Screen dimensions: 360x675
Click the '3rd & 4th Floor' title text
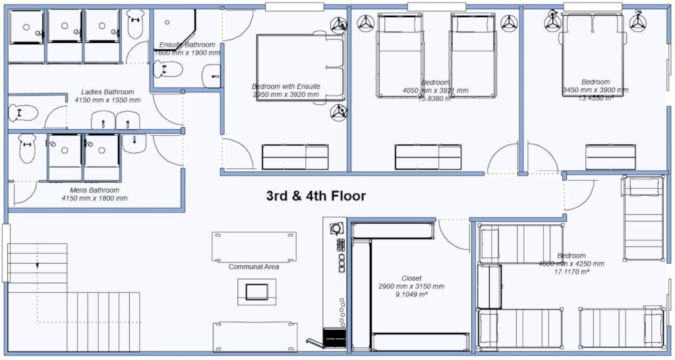coord(316,196)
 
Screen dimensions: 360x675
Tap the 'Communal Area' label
coord(254,267)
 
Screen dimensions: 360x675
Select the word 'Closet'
coord(411,278)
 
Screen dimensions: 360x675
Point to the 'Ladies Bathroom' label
coord(107,92)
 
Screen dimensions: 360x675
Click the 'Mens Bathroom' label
coord(94,189)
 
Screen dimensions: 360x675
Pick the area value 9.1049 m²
coord(411,295)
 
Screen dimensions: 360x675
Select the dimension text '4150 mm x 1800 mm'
coord(94,198)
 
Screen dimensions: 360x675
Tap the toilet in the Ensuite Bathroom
coord(167,69)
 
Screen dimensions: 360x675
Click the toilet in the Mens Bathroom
coord(27,149)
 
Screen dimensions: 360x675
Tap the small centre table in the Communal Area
coord(253,291)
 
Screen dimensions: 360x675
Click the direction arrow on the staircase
coord(38,265)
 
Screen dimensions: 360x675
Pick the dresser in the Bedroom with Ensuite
coord(295,158)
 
